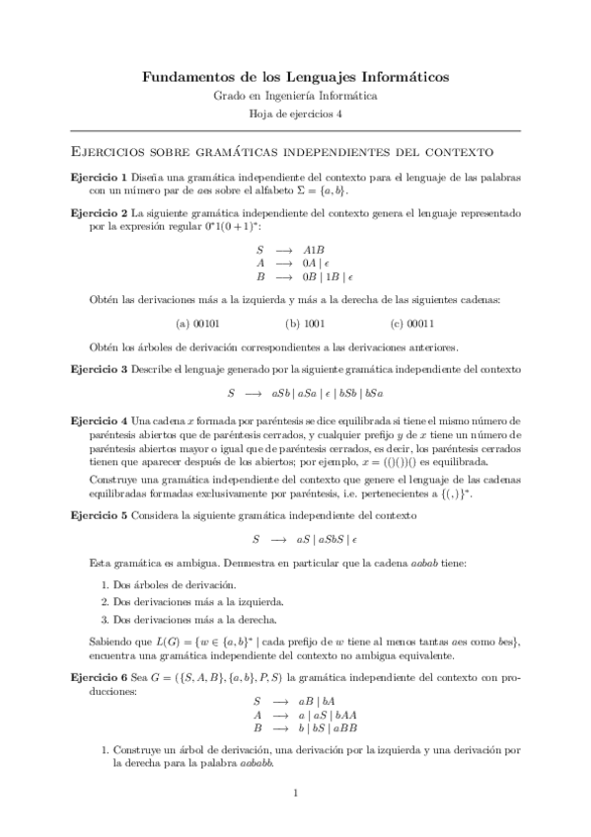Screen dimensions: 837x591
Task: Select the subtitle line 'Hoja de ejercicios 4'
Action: pos(295,114)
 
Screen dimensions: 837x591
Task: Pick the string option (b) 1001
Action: pos(305,322)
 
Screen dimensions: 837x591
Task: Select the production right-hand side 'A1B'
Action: pos(314,250)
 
